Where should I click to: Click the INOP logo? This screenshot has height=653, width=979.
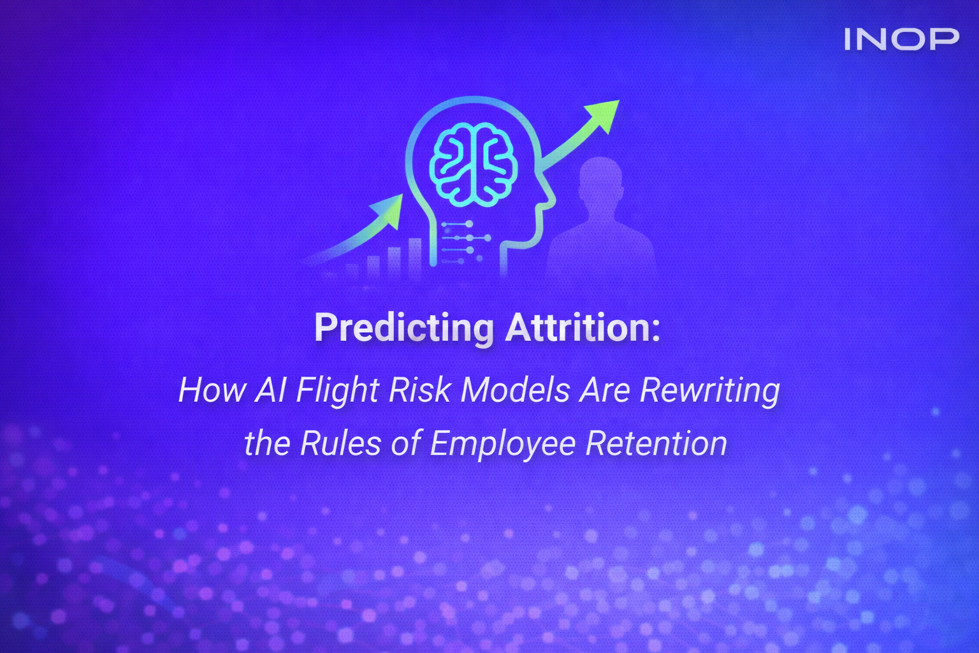(x=901, y=39)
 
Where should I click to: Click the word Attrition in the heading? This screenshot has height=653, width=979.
(x=583, y=328)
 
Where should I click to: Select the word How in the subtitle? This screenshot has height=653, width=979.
(x=212, y=390)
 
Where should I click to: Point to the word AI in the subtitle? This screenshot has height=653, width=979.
(x=271, y=390)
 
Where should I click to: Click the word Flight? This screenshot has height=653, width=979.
(x=338, y=391)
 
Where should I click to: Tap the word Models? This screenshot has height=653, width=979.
(x=515, y=390)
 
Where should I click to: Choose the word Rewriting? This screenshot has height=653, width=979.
(x=709, y=391)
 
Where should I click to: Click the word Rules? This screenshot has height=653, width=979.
(x=340, y=443)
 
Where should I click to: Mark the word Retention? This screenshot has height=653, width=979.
(x=656, y=443)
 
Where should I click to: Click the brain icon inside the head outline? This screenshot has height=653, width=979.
(x=473, y=165)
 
